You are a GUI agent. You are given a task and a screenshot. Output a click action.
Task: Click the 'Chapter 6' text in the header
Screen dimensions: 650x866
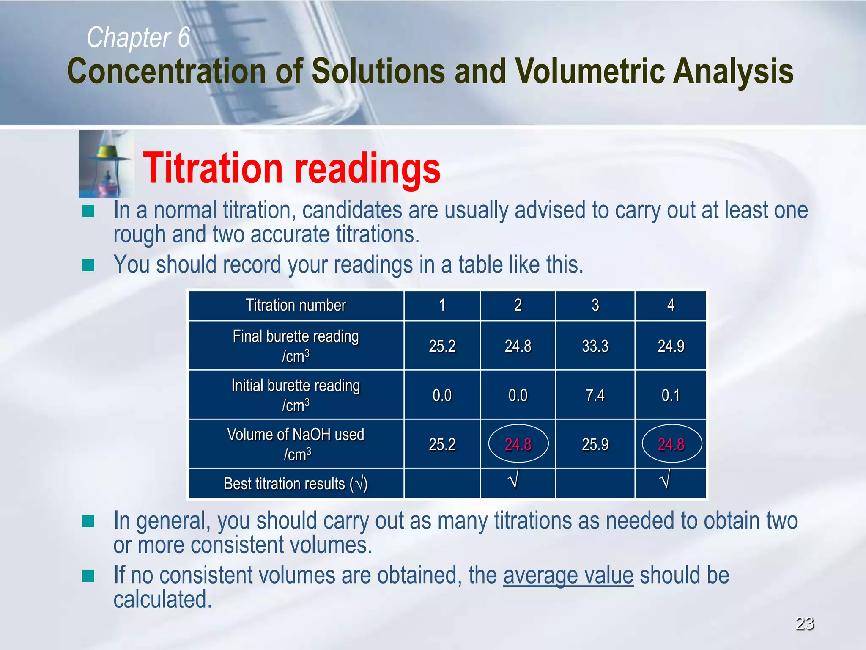pyautogui.click(x=138, y=37)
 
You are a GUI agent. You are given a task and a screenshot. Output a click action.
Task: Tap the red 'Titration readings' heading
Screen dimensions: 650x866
pyautogui.click(x=292, y=168)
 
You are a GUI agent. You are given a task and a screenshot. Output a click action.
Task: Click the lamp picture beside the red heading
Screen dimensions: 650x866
pyautogui.click(x=106, y=164)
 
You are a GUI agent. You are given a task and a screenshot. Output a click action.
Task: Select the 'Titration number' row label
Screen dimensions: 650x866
pyautogui.click(x=296, y=305)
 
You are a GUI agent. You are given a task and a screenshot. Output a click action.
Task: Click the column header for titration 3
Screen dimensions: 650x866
pyautogui.click(x=595, y=305)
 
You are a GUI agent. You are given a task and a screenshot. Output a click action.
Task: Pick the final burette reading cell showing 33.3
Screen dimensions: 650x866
pyautogui.click(x=595, y=346)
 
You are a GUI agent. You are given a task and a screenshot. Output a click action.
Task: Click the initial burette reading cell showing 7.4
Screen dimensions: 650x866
pyautogui.click(x=595, y=395)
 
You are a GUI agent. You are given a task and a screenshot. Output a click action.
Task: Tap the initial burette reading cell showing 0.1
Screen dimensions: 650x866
pyautogui.click(x=671, y=395)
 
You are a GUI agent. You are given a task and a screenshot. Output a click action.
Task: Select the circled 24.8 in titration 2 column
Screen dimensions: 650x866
pyautogui.click(x=518, y=444)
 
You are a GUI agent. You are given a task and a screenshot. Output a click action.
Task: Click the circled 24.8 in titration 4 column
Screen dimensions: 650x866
pyautogui.click(x=671, y=444)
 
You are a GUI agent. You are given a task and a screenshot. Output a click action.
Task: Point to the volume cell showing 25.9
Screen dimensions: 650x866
pyautogui.click(x=595, y=444)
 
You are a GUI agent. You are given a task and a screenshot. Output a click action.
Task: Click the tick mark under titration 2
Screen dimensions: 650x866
pyautogui.click(x=513, y=481)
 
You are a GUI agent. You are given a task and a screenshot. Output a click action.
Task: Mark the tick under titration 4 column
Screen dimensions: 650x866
pyautogui.click(x=665, y=481)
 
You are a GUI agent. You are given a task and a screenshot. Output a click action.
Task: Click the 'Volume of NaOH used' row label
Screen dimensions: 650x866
pyautogui.click(x=296, y=435)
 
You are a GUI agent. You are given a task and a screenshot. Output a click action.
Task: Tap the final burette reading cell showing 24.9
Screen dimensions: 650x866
pyautogui.click(x=671, y=346)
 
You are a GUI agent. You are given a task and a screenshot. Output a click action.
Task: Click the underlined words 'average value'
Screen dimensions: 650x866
pyautogui.click(x=568, y=576)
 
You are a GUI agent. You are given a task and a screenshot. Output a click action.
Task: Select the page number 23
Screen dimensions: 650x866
pyautogui.click(x=805, y=623)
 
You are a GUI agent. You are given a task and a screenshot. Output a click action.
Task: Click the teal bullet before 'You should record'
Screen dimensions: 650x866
pyautogui.click(x=88, y=265)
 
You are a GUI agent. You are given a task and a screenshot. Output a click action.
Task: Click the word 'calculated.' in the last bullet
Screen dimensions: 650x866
pyautogui.click(x=162, y=600)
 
